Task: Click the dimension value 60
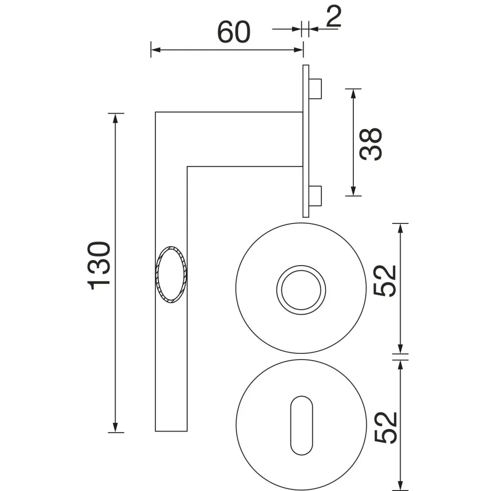tap(234, 32)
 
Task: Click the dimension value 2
tap(334, 16)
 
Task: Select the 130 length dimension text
tap(99, 266)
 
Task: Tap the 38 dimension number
tap(371, 144)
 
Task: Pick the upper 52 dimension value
tap(385, 281)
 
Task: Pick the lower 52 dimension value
tap(386, 427)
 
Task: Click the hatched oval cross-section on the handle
tap(171, 275)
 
